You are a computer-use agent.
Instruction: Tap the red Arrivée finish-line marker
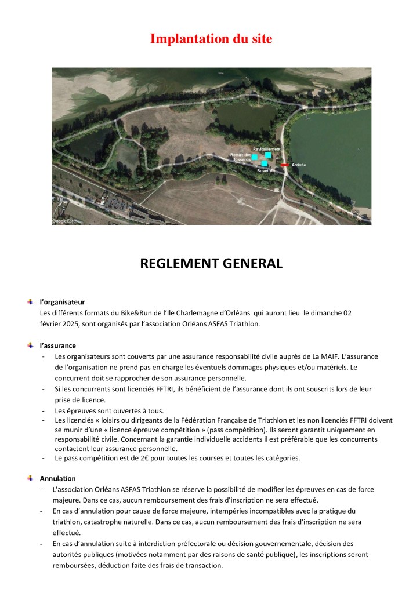284,165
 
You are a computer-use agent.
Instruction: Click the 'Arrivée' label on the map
299,165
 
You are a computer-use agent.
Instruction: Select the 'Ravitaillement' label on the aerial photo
266,149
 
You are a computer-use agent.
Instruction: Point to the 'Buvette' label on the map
265,171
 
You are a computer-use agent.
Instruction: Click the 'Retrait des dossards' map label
240,157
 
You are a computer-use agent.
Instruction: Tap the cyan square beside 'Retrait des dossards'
254,157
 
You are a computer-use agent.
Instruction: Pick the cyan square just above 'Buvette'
265,163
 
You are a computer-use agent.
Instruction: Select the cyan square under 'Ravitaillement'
268,155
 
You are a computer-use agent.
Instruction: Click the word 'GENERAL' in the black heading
246,264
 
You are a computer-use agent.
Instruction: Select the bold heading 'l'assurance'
58,345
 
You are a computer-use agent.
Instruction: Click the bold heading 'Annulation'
57,478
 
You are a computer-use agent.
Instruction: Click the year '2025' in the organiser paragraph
70,324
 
